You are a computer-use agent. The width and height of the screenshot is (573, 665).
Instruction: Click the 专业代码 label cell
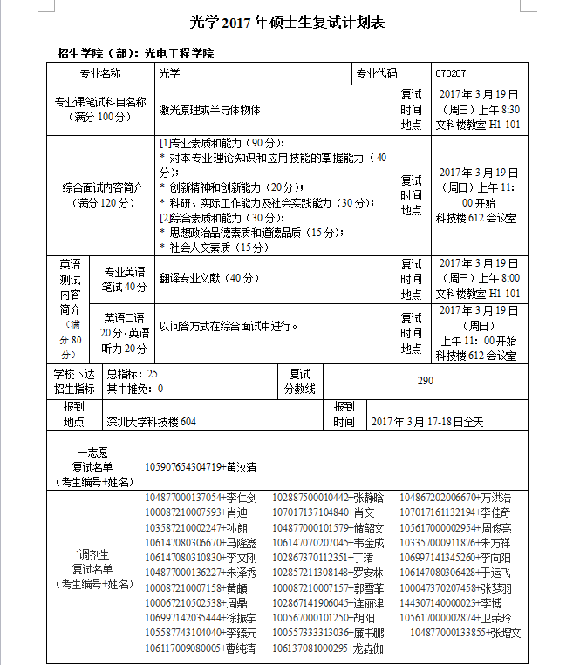click(x=376, y=74)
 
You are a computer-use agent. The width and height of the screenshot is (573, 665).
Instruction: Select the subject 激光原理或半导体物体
click(x=210, y=111)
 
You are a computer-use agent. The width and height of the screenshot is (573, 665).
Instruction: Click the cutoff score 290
click(x=425, y=381)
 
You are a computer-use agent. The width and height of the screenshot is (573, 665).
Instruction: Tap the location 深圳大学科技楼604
click(x=152, y=422)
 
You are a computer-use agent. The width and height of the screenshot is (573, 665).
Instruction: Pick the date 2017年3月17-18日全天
click(x=426, y=422)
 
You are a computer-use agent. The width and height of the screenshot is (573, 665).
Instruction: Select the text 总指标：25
click(x=132, y=373)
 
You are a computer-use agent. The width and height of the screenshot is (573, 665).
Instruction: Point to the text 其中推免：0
click(x=134, y=389)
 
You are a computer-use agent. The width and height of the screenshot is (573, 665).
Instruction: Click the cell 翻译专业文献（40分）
click(x=209, y=278)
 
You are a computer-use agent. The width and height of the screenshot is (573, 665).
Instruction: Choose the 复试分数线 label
click(x=299, y=381)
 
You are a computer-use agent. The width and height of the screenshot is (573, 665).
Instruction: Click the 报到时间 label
click(x=344, y=414)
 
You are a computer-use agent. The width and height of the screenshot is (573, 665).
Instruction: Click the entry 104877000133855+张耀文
click(x=465, y=632)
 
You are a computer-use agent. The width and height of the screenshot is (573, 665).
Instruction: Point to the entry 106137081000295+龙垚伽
click(x=328, y=648)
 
